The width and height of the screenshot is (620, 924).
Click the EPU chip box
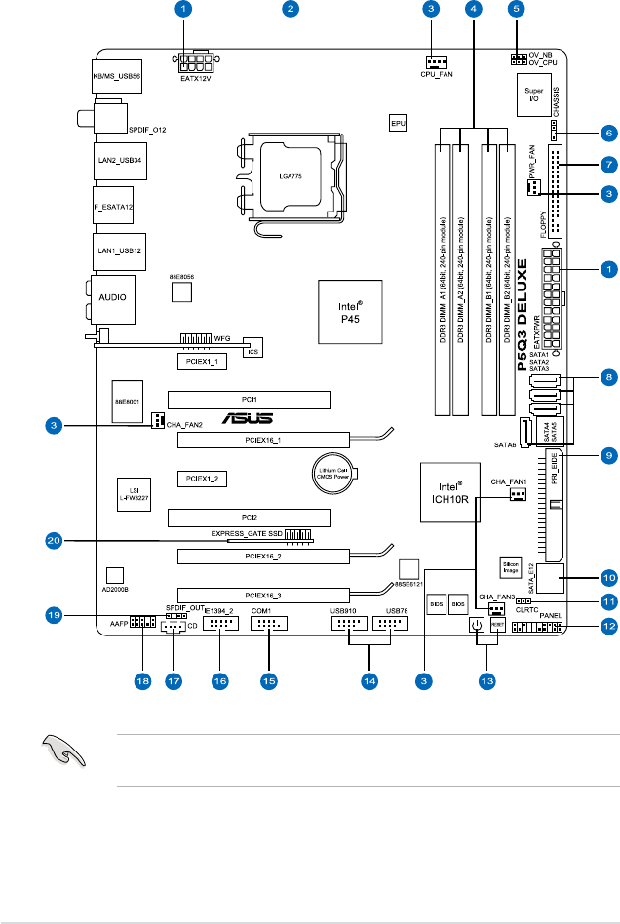[x=398, y=124]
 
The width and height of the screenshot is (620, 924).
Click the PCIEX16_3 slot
[x=263, y=595]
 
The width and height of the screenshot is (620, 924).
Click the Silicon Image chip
[x=510, y=569]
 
